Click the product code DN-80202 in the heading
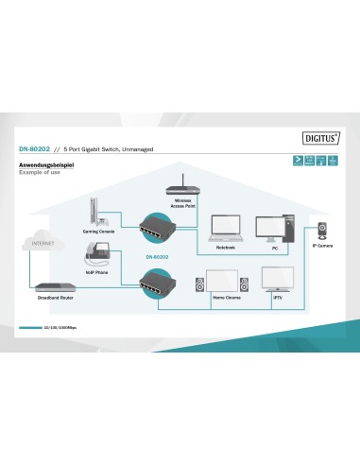[x=34, y=150]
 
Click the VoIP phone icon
[x=97, y=252]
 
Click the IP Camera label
[x=322, y=246]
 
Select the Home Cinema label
[x=226, y=299]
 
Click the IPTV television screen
[x=278, y=281]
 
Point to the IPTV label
[x=278, y=299]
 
